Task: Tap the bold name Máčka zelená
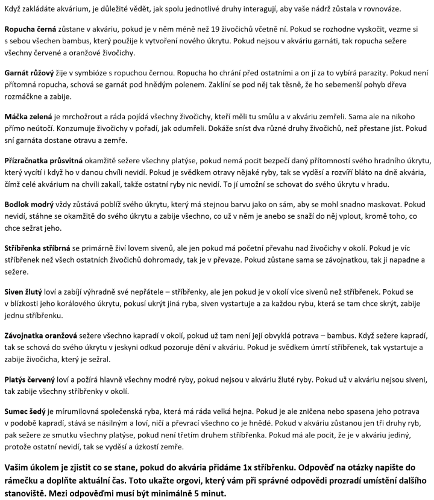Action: (28, 115)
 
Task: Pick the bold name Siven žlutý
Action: (24, 292)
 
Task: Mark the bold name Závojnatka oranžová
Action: (39, 335)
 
